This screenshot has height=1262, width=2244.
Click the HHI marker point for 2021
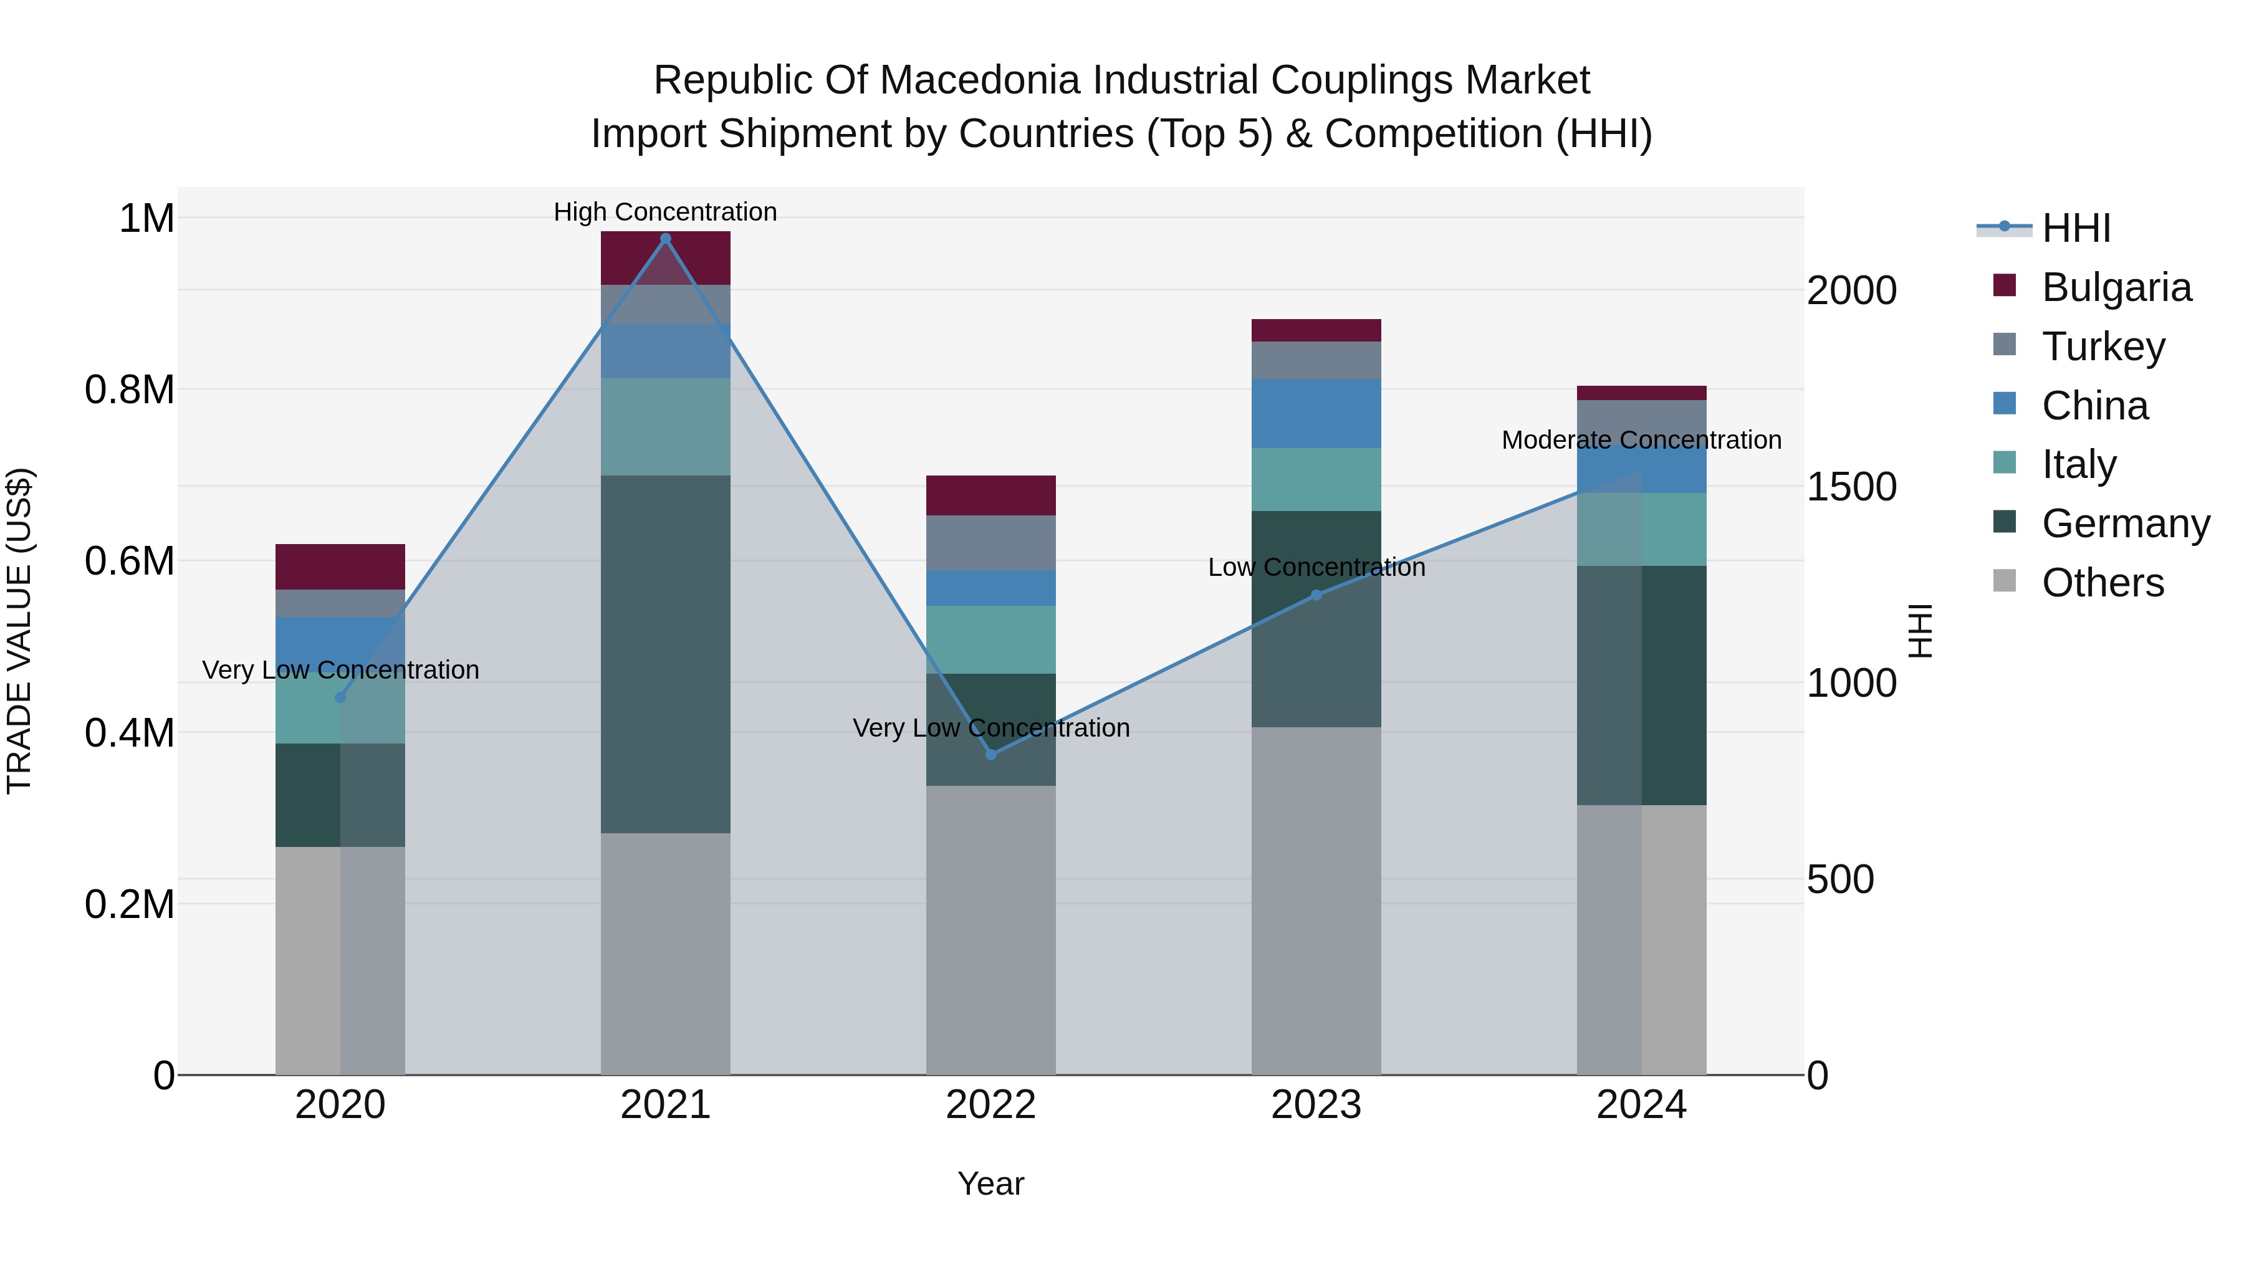[666, 239]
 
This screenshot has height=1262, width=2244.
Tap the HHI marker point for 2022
[990, 754]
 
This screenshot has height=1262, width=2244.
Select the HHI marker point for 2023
[1316, 595]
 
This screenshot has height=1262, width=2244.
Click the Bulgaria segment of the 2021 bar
[666, 258]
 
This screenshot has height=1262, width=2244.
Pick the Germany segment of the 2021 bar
[666, 653]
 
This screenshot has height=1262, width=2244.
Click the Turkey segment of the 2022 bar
[990, 543]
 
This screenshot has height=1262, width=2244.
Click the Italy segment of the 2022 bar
[990, 639]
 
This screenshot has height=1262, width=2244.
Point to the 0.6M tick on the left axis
[130, 561]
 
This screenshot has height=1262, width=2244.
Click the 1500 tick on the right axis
[1851, 487]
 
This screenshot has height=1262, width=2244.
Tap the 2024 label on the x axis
[1641, 1105]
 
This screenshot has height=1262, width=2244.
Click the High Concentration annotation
[666, 212]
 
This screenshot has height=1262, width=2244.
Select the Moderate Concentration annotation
[1641, 440]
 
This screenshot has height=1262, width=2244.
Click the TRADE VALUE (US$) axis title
[19, 631]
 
